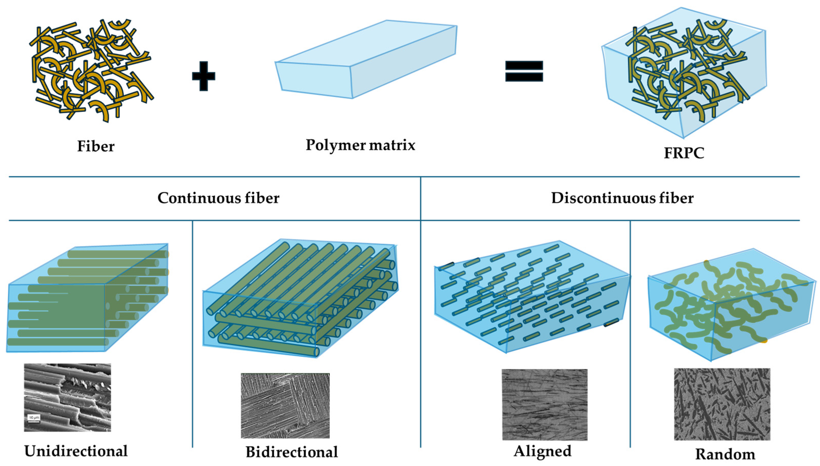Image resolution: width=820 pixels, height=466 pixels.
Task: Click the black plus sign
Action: click(x=203, y=76)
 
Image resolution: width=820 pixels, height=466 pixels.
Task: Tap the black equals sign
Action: click(x=524, y=71)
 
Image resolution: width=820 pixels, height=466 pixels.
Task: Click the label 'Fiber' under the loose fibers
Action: click(x=96, y=146)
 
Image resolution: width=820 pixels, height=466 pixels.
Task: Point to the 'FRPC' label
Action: click(x=684, y=153)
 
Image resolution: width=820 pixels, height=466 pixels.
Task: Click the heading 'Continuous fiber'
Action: click(x=218, y=198)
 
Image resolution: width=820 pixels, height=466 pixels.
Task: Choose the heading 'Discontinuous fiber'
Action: click(x=622, y=198)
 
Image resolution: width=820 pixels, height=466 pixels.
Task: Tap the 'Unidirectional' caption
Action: click(x=76, y=451)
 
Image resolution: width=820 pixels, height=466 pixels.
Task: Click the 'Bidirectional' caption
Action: click(x=292, y=452)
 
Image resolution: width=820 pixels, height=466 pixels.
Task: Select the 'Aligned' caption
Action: click(x=542, y=451)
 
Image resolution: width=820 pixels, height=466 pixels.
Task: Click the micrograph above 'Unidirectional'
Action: click(x=68, y=398)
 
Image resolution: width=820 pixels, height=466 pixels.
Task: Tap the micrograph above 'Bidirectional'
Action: click(x=285, y=405)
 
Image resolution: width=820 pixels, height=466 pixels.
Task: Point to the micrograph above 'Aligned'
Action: click(x=544, y=404)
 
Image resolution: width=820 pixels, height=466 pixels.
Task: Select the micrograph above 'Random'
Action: click(x=722, y=404)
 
